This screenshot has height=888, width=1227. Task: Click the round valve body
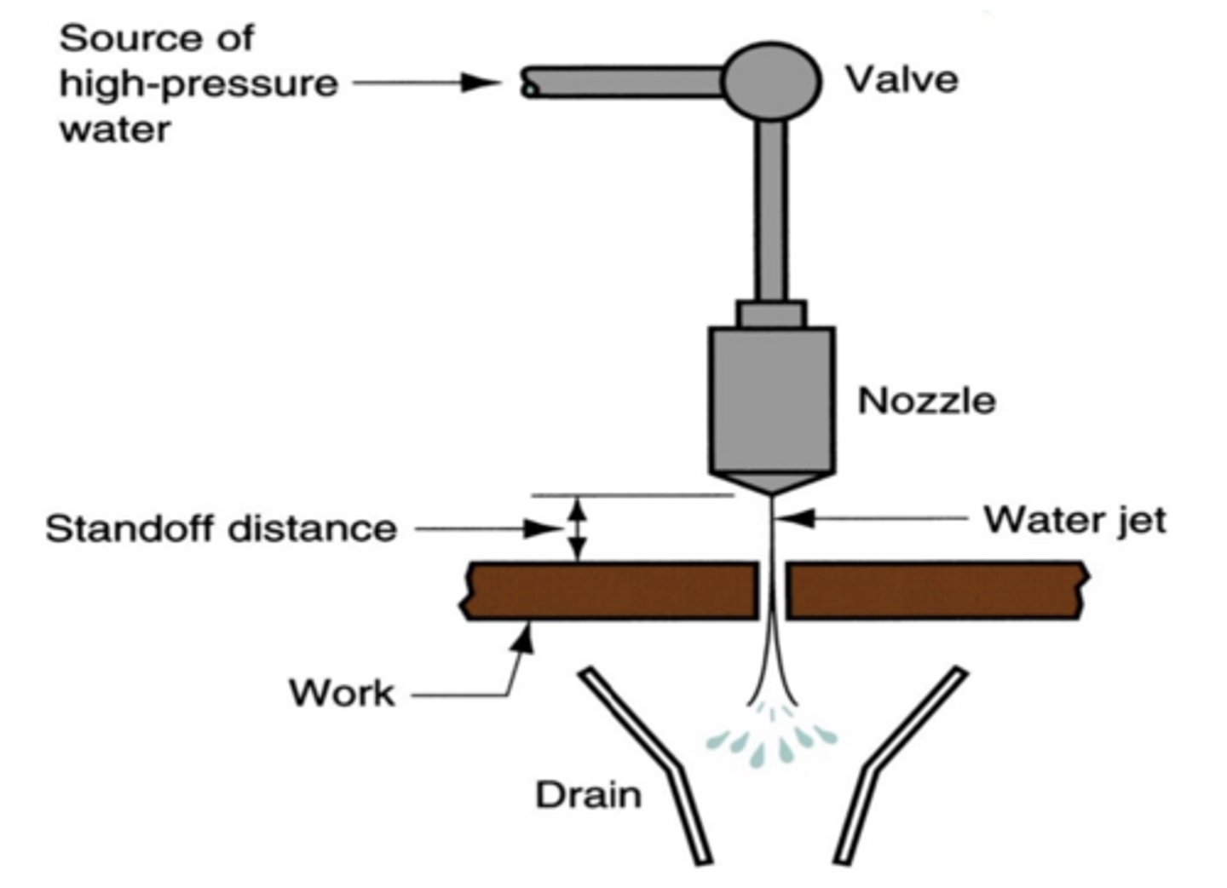pos(772,81)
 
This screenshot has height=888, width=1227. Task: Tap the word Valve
pos(902,79)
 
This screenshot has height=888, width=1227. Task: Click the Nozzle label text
pos(926,401)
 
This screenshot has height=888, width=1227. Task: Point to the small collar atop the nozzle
pos(771,314)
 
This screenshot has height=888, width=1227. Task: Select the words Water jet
pos(1074,519)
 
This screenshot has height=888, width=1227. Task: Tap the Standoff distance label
pos(221,528)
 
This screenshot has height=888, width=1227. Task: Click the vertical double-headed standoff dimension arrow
pos(578,529)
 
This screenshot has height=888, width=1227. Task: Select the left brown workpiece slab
pos(609,590)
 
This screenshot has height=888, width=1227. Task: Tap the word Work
pos(342,692)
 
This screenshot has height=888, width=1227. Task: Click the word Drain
pos(588,794)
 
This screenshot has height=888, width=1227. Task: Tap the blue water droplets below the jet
pos(772,741)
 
